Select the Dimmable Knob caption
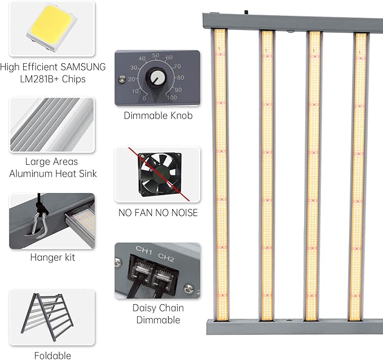pos(158,116)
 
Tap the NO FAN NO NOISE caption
pos(158,213)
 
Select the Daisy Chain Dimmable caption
pos(158,314)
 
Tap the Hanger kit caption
pos(52,257)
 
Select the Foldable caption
pos(52,355)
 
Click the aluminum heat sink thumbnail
pos(52,125)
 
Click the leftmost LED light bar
pos(221,175)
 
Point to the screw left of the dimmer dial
pos(120,80)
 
